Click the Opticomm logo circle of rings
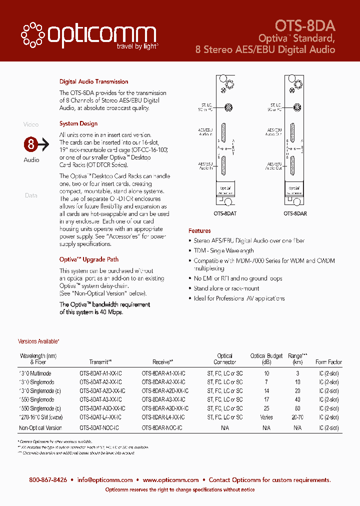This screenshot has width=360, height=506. click(32, 33)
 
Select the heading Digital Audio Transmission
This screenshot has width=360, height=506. click(93, 81)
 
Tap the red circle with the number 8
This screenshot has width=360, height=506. click(31, 145)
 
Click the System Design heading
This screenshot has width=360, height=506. click(78, 123)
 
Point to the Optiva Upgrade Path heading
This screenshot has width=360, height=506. click(89, 259)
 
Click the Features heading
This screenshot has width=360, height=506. click(199, 231)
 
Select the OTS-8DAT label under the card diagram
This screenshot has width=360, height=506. click(225, 212)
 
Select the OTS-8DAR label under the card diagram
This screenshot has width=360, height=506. click(295, 212)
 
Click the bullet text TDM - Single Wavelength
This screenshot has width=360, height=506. click(223, 250)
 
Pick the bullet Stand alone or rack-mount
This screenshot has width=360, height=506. click(226, 288)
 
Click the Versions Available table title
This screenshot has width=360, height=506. click(38, 341)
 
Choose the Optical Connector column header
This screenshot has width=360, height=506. click(225, 359)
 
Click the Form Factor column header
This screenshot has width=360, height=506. click(328, 362)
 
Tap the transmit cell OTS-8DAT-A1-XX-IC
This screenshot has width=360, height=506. click(100, 373)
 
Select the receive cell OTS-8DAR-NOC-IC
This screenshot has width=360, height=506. click(162, 428)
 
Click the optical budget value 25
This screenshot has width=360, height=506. click(266, 408)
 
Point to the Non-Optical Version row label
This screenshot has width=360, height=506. click(40, 428)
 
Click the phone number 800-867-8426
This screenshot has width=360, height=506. click(48, 480)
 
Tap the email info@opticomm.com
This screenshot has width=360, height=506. click(104, 480)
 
